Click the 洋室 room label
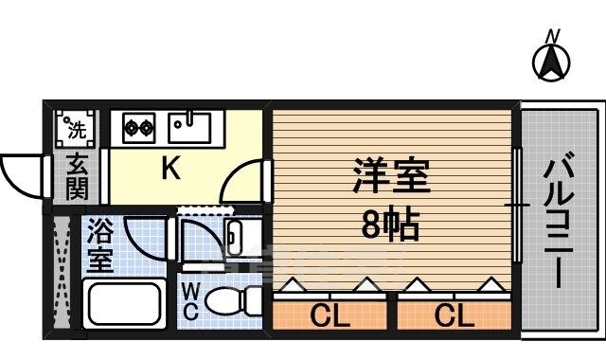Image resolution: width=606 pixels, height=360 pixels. pyautogui.click(x=392, y=177)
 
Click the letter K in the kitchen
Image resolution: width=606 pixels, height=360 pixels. pyautogui.click(x=170, y=169)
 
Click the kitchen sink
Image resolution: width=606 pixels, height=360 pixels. pyautogui.click(x=190, y=126)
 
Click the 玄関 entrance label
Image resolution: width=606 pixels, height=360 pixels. pyautogui.click(x=77, y=177)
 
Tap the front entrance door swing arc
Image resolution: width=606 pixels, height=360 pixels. pyautogui.click(x=21, y=173)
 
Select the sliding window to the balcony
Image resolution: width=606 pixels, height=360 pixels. pyautogui.click(x=517, y=205)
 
